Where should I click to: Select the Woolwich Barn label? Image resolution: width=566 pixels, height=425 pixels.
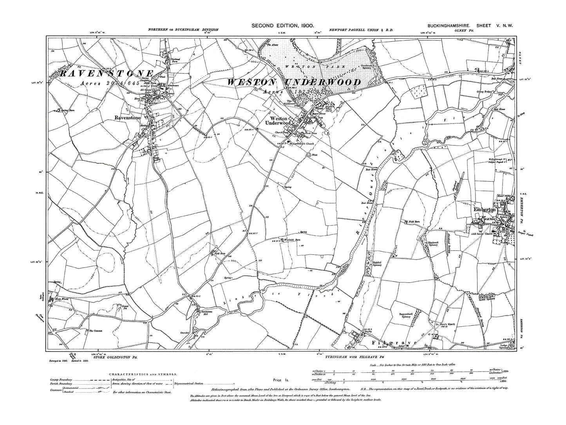point(292,240)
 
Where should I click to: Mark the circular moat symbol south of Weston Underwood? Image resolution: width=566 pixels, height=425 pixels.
point(309,155)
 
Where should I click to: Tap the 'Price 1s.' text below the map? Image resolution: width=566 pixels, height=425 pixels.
point(278,380)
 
